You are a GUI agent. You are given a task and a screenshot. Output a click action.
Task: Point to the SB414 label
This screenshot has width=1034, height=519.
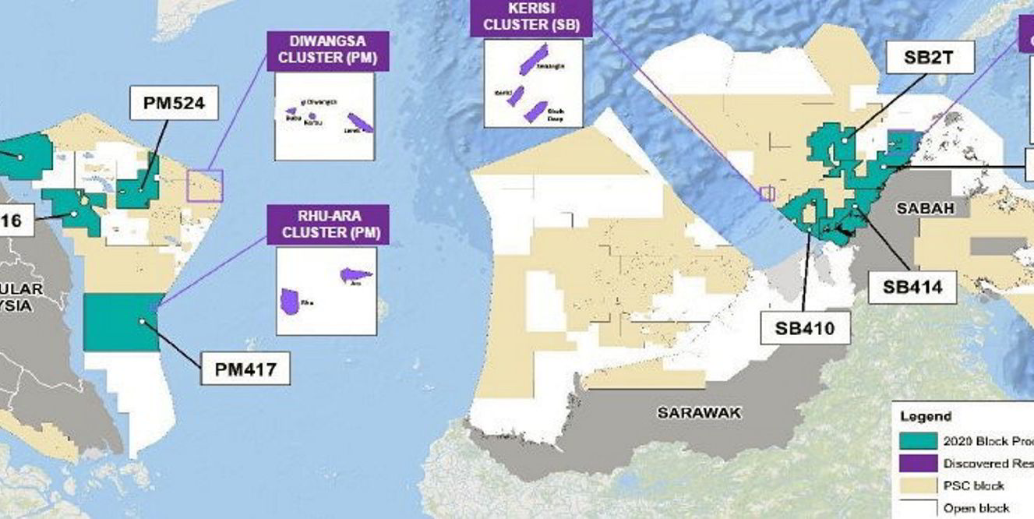(912, 287)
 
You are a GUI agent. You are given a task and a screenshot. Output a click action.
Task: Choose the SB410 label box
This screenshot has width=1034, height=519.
(804, 329)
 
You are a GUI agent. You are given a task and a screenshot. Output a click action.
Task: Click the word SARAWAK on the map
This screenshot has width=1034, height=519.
(699, 413)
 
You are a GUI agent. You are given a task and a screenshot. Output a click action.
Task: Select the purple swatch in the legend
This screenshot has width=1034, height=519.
(916, 464)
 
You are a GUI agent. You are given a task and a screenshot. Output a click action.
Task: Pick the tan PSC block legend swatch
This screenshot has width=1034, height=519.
(916, 485)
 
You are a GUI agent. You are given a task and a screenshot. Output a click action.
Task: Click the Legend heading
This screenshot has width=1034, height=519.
(926, 417)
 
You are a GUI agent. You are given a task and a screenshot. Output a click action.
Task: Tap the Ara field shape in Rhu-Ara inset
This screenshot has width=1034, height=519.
(355, 274)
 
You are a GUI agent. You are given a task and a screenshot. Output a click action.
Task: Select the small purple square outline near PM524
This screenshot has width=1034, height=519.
(204, 186)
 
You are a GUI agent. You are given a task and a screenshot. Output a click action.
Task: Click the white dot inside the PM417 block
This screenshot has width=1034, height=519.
(142, 321)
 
